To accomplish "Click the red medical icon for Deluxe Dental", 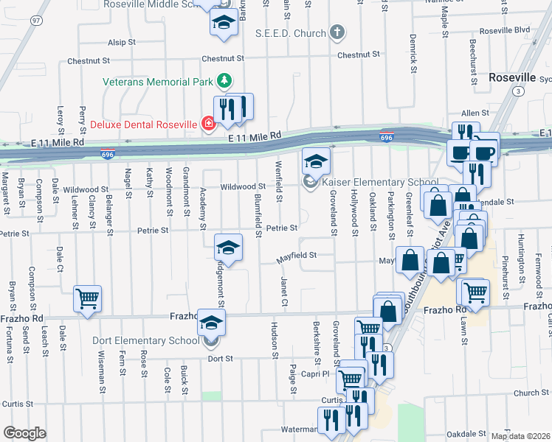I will coord(209,124).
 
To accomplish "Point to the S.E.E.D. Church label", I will coord(290,33).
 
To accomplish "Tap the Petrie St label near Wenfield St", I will coord(282,228).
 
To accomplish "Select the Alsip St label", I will coord(122,43).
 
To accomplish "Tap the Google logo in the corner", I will coord(24,433).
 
